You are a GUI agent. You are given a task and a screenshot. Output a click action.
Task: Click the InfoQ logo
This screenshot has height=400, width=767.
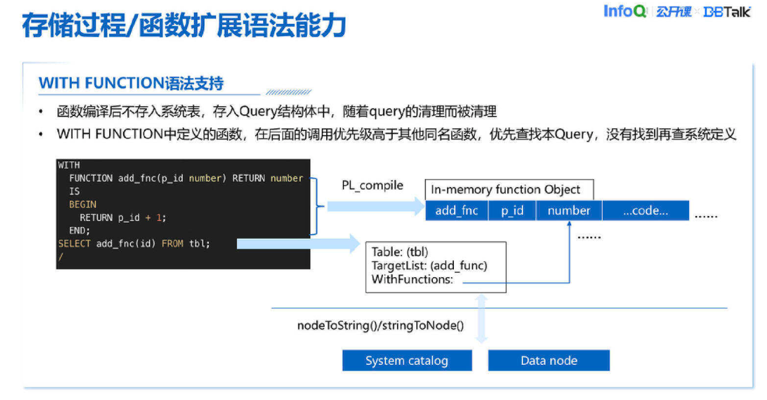624,12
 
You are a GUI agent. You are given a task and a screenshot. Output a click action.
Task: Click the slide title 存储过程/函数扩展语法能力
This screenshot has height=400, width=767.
183,27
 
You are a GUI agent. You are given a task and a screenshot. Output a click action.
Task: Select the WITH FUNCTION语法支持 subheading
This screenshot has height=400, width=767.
131,83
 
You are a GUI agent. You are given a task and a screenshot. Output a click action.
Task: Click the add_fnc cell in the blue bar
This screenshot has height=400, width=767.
456,210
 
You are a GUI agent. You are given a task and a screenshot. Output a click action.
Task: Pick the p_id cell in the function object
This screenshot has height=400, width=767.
512,210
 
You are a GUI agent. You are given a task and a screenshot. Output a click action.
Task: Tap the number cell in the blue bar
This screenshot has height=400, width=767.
569,210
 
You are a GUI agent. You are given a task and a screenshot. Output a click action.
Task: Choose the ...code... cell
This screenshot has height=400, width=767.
645,210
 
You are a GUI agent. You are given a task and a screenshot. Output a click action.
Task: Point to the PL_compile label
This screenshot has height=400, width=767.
372,185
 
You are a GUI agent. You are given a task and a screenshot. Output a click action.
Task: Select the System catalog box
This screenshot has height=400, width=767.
406,360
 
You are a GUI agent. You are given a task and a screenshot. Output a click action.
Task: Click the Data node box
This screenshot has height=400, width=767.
548,360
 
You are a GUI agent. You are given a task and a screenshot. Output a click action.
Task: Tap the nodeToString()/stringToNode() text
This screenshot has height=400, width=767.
380,325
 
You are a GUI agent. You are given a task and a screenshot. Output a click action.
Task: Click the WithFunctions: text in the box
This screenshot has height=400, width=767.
412,279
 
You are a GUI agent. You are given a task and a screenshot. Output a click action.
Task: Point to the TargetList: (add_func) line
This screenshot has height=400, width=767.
429,265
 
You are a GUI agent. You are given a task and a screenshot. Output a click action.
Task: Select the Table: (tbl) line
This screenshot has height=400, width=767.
400,252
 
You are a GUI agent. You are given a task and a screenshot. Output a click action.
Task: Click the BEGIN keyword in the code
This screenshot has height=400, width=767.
83,204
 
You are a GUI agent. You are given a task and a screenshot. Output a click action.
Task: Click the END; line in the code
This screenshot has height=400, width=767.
80,230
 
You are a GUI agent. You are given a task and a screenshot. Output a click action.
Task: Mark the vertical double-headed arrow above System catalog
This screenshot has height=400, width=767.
481,319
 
